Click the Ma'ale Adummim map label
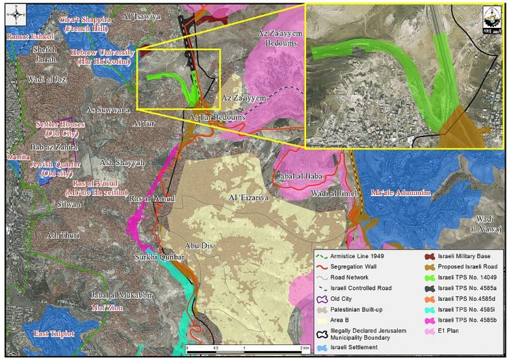coord(400,193)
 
